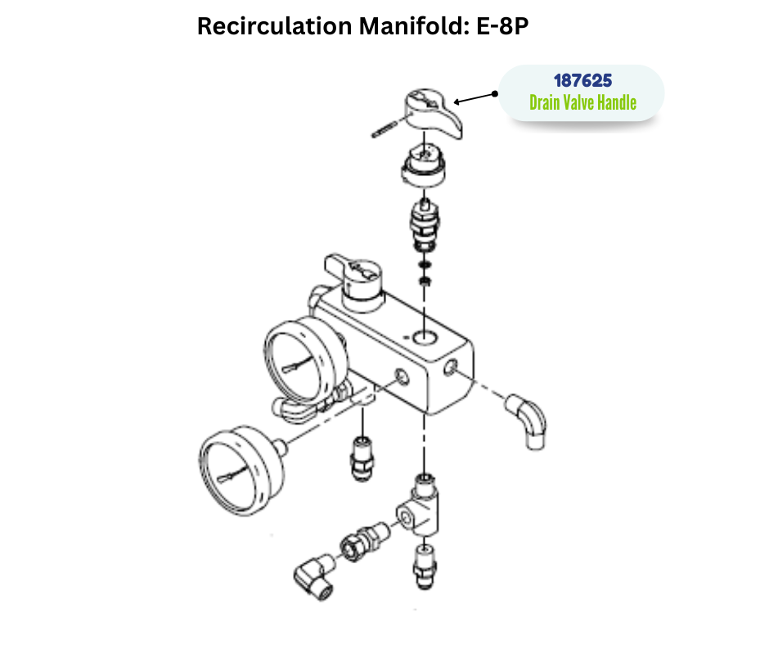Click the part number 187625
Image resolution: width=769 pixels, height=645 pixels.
582,80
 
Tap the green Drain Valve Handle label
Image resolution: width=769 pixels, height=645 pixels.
582,102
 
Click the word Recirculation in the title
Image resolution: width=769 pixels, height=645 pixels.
275,26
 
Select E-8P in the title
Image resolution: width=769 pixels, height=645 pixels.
502,26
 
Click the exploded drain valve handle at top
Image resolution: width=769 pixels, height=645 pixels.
432,113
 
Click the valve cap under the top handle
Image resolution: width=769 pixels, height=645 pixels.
424,165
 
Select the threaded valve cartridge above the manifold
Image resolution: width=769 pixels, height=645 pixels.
425,225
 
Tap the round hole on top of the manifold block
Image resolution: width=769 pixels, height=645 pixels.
425,337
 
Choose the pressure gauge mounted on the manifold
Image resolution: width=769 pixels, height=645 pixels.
302,361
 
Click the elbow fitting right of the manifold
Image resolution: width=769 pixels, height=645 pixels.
527,420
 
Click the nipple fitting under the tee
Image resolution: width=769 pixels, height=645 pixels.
425,565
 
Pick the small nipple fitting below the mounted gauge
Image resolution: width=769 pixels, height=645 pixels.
362,458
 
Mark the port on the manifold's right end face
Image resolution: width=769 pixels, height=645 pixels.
451,368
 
